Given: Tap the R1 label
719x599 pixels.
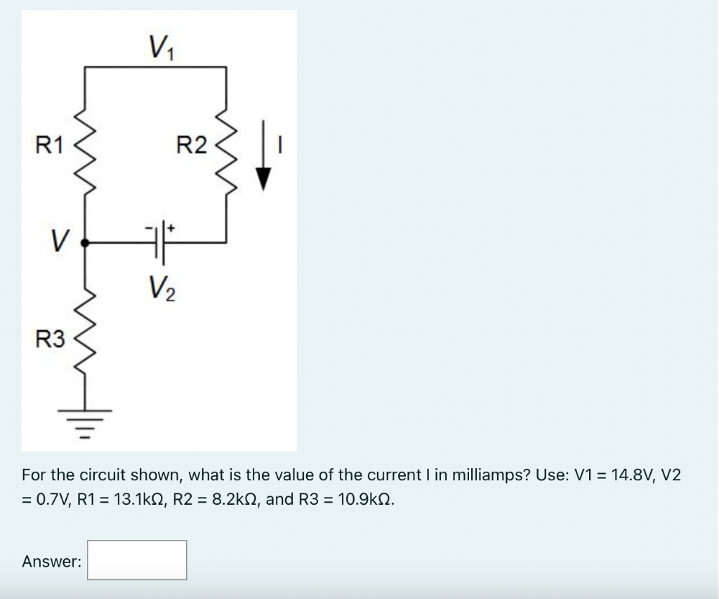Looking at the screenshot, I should point(49,146).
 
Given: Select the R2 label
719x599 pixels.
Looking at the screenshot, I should point(191,146).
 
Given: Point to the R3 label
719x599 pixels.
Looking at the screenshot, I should point(50,341).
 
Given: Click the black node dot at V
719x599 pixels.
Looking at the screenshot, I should point(85,243).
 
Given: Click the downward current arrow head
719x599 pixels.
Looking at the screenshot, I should point(263,181).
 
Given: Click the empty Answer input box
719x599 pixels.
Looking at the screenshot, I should point(137,560).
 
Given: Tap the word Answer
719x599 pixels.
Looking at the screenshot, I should point(51,561).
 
